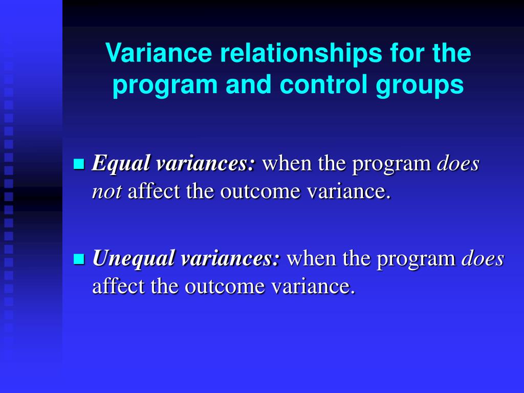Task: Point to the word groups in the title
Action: click(420, 86)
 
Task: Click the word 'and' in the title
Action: click(248, 84)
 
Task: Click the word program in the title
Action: click(165, 86)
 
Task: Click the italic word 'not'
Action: click(107, 192)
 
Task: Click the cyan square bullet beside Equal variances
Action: click(79, 163)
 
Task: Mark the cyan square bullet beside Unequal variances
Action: click(79, 258)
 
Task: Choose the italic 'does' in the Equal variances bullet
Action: click(458, 163)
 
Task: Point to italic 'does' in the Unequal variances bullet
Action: click(483, 258)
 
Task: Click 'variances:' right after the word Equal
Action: click(206, 163)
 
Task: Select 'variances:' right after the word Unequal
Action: click(230, 258)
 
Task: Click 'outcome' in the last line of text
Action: click(225, 287)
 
